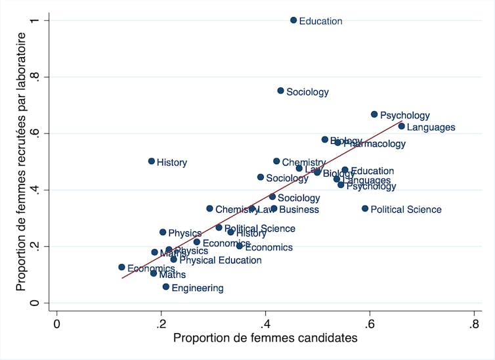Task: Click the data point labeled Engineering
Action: [166, 287]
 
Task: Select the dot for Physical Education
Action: [174, 259]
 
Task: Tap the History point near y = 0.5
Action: [152, 161]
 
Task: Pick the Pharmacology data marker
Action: [337, 143]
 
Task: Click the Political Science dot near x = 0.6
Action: [365, 209]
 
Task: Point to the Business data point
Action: [274, 209]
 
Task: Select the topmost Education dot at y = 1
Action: [293, 20]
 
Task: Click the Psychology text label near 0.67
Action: [405, 116]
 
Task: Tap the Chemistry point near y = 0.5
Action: [276, 161]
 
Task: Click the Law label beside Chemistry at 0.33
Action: [264, 210]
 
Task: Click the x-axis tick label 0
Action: [57, 324]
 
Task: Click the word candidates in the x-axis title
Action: [322, 338]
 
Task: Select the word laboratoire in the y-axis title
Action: [22, 62]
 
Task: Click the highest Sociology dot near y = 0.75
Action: [281, 91]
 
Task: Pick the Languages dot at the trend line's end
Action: [402, 126]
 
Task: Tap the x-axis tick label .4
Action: [266, 324]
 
